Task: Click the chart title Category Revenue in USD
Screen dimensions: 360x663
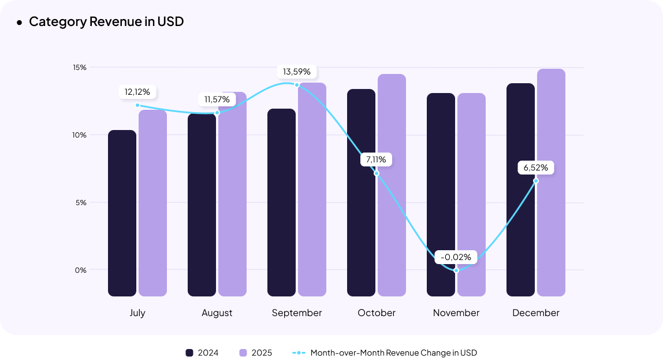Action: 106,22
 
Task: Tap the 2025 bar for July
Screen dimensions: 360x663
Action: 152,203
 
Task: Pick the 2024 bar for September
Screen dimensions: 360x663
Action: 281,202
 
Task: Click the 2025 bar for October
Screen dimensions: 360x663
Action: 392,185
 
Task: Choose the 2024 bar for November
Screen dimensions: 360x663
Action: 441,194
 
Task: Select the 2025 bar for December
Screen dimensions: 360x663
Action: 551,183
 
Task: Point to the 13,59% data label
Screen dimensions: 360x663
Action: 297,72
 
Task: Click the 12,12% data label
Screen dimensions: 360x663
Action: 137,92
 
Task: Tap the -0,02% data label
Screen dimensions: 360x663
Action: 456,257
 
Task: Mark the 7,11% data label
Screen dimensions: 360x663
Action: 377,159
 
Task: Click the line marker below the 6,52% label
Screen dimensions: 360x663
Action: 536,181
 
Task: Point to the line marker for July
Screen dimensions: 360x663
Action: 137,105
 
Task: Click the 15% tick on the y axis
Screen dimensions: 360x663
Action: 80,68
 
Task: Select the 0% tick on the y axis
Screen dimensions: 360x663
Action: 81,270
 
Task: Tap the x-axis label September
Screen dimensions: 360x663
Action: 297,313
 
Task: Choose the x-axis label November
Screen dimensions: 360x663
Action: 456,313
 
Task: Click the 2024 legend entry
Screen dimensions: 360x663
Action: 202,352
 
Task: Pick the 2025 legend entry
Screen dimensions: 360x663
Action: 255,352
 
